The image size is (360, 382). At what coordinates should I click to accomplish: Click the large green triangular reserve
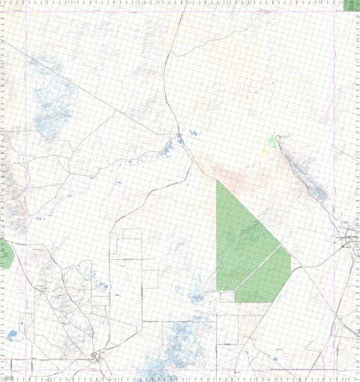point(240,240)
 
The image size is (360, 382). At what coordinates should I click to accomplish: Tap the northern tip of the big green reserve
point(217,181)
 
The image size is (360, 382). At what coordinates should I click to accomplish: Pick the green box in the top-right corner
point(351,4)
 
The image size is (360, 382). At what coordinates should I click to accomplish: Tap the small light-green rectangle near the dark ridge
point(271,139)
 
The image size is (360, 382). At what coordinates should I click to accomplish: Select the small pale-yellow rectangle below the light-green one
point(265,149)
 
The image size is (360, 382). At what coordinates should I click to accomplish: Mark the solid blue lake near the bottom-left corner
point(12,335)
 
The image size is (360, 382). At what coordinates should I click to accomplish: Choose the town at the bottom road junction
point(95,355)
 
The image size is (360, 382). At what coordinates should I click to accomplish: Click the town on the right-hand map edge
point(349,241)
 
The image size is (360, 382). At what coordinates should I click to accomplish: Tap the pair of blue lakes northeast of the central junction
point(191,134)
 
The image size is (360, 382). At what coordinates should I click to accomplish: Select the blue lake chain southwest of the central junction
point(165,149)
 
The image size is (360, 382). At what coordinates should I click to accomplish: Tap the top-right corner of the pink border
point(333,10)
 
